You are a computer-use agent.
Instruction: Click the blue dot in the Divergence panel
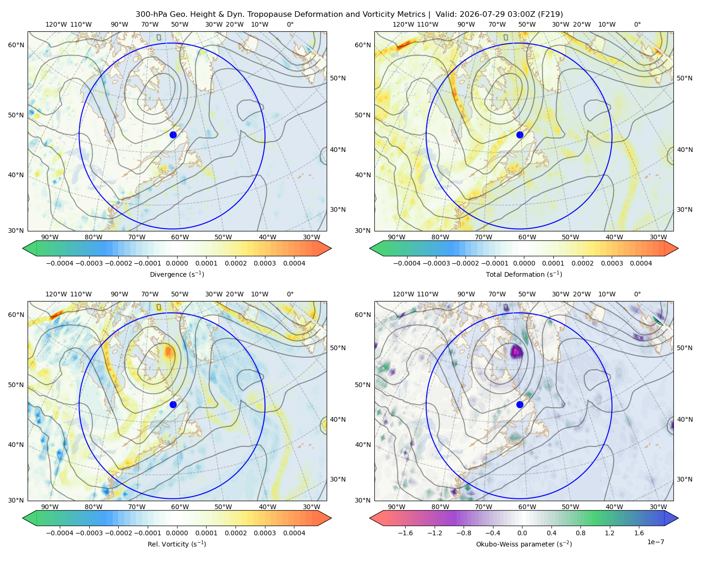(173, 135)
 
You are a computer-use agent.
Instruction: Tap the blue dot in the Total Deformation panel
(520, 135)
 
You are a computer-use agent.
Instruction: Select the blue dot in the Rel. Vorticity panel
(173, 404)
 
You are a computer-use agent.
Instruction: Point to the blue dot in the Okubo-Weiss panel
(520, 404)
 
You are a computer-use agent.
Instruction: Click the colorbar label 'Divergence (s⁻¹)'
(177, 274)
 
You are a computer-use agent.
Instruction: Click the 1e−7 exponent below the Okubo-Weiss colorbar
(655, 542)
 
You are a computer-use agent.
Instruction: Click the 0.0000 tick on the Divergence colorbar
(177, 263)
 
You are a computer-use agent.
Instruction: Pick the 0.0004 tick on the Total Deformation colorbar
(641, 263)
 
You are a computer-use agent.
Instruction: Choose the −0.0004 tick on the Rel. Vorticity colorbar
(60, 532)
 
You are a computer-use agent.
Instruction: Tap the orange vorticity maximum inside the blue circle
(169, 352)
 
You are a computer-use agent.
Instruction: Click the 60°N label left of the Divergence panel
(16, 45)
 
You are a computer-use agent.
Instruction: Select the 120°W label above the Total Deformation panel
(403, 24)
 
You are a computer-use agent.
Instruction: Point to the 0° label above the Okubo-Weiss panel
(637, 294)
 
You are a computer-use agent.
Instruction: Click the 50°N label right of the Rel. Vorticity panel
(338, 348)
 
